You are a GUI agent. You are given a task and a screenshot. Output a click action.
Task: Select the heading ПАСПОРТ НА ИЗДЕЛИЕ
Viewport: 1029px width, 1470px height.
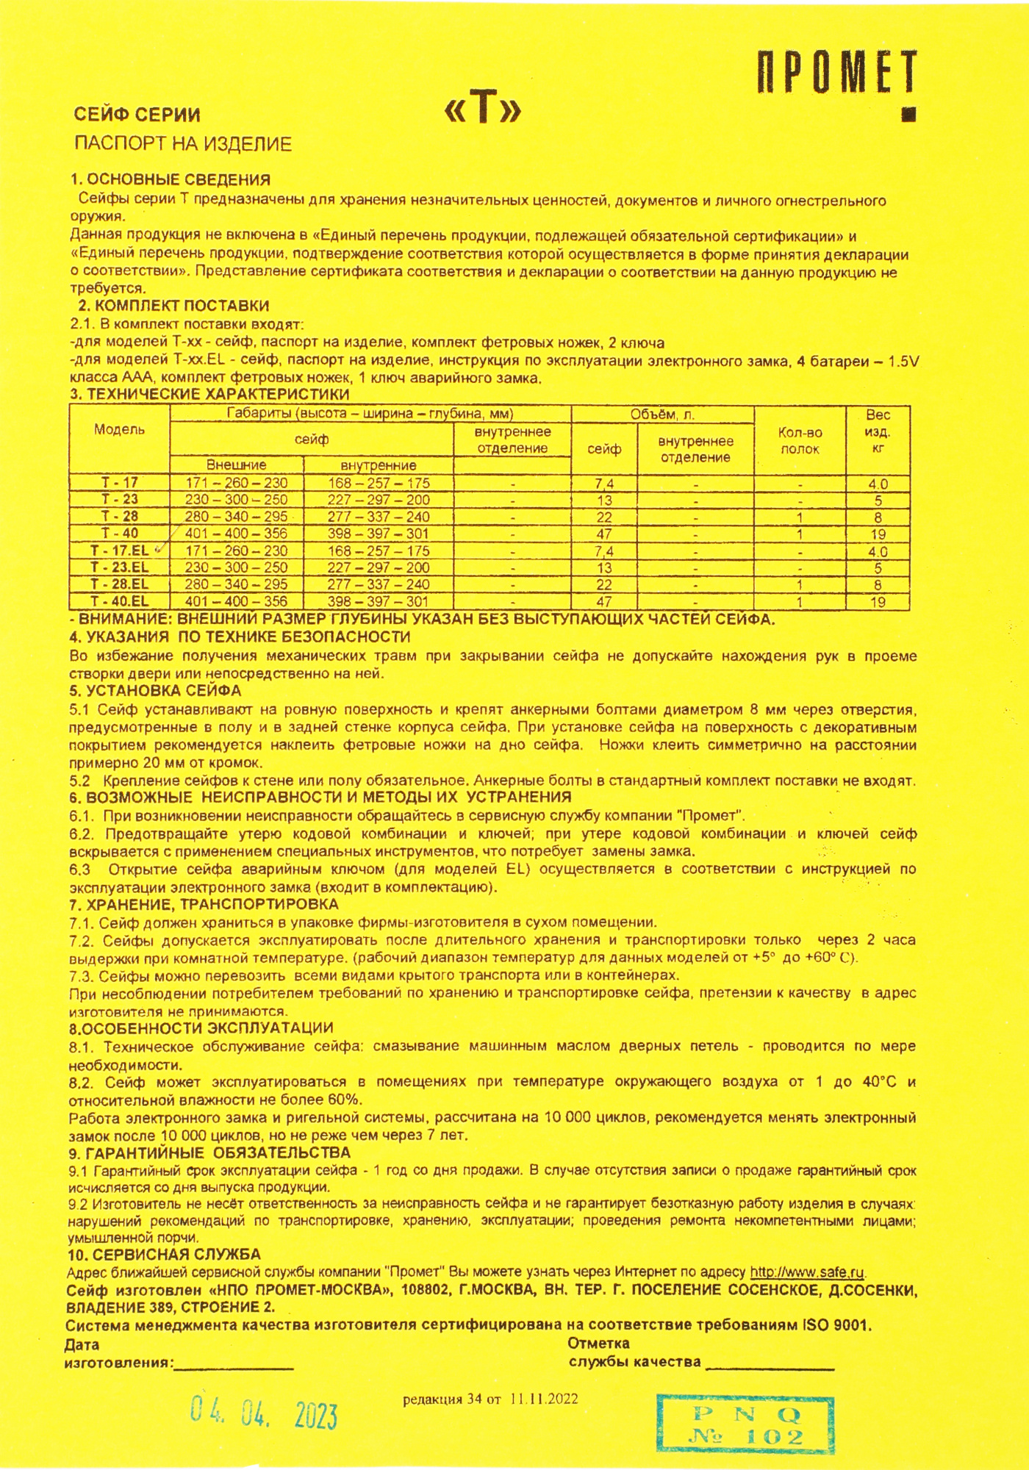tap(183, 144)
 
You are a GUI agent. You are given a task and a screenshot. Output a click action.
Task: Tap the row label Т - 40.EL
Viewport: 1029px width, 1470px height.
tap(119, 601)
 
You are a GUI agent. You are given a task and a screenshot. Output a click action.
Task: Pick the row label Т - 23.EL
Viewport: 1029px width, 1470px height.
tap(119, 567)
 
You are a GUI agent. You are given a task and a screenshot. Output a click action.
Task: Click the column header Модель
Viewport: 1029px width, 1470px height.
tap(119, 430)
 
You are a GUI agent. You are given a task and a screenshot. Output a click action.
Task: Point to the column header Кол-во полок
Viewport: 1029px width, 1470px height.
tap(800, 441)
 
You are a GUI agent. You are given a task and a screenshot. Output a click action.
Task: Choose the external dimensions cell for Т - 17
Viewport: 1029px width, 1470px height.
tap(236, 483)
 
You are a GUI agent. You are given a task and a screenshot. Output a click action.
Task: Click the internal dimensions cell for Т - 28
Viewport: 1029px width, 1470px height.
tap(378, 517)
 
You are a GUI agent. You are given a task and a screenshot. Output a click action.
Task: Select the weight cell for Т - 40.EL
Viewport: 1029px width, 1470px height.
tap(878, 602)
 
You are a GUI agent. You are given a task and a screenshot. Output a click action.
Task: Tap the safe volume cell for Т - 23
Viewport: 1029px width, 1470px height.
tap(604, 501)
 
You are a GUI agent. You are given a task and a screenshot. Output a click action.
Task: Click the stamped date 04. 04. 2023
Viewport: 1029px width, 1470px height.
tap(264, 1413)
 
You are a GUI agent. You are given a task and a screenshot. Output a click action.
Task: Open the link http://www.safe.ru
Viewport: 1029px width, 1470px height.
tap(807, 1272)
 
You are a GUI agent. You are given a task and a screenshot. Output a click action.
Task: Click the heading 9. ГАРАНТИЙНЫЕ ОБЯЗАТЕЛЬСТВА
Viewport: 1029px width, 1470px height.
tap(209, 1173)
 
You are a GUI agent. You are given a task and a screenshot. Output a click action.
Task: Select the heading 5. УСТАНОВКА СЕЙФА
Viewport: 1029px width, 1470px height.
tap(155, 691)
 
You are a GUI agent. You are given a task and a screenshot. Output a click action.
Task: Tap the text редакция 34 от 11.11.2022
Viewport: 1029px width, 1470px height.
tap(490, 1398)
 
